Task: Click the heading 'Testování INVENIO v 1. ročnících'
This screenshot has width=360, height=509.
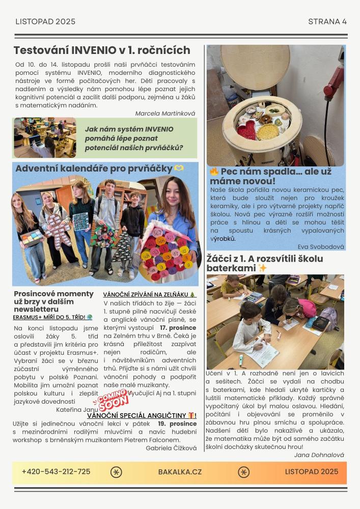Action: point(102,50)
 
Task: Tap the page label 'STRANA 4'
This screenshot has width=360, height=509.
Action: point(327,21)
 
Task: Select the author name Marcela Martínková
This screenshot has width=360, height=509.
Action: point(165,114)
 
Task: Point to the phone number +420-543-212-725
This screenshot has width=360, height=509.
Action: point(56,472)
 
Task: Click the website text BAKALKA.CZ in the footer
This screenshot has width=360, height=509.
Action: point(180,472)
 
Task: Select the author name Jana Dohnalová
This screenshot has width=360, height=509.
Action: point(319,455)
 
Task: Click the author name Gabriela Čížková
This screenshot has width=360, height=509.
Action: point(171,448)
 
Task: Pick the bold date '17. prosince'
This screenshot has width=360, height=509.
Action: point(178,327)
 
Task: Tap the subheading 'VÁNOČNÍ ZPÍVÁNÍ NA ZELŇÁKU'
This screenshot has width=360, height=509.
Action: point(149,294)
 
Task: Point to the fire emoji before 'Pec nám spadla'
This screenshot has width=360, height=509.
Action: point(214,172)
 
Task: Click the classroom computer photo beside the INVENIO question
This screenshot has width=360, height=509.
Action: point(45,137)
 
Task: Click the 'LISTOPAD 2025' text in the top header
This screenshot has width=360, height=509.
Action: point(45,21)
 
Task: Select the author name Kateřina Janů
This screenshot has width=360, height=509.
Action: point(77,409)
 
